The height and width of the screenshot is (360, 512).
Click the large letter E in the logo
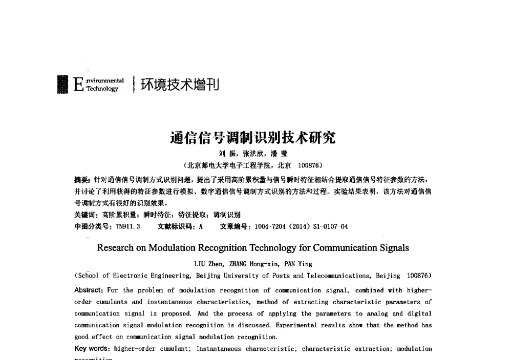click(78, 84)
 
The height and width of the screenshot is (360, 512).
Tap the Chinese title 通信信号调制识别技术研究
click(252, 138)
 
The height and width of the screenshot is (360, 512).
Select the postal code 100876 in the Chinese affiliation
click(309, 165)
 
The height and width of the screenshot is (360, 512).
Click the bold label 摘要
click(81, 180)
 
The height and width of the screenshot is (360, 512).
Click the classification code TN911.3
click(127, 226)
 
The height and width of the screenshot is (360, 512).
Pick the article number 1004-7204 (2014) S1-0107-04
click(302, 226)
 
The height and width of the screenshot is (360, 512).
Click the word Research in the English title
click(115, 248)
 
